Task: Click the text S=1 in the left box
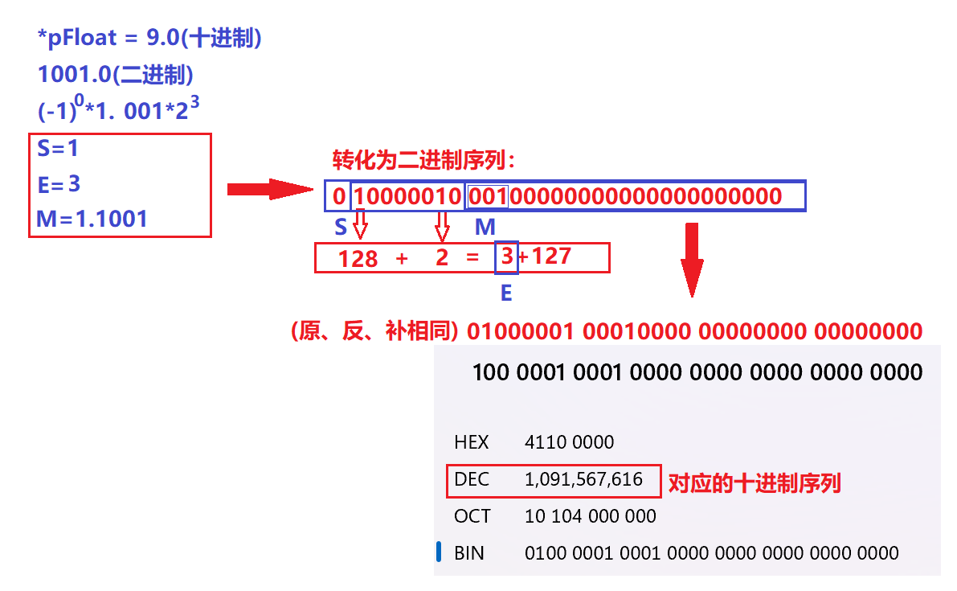pyautogui.click(x=58, y=149)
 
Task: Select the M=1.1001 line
pyautogui.click(x=92, y=218)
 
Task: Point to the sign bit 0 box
pyautogui.click(x=339, y=196)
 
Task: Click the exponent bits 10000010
pyautogui.click(x=407, y=196)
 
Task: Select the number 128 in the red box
pyautogui.click(x=358, y=258)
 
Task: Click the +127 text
pyautogui.click(x=546, y=257)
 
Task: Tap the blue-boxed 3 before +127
pyautogui.click(x=507, y=257)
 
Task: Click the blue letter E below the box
pyautogui.click(x=506, y=293)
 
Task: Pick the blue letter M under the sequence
pyautogui.click(x=485, y=228)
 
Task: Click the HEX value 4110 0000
pyautogui.click(x=569, y=442)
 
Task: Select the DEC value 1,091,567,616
pyautogui.click(x=583, y=480)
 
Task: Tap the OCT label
pyautogui.click(x=472, y=516)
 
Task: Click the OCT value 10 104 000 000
pyautogui.click(x=590, y=516)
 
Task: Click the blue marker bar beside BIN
pyautogui.click(x=440, y=552)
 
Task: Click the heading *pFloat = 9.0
pyautogui.click(x=149, y=39)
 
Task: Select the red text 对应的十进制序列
pyautogui.click(x=755, y=483)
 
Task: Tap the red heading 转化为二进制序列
pyautogui.click(x=423, y=160)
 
